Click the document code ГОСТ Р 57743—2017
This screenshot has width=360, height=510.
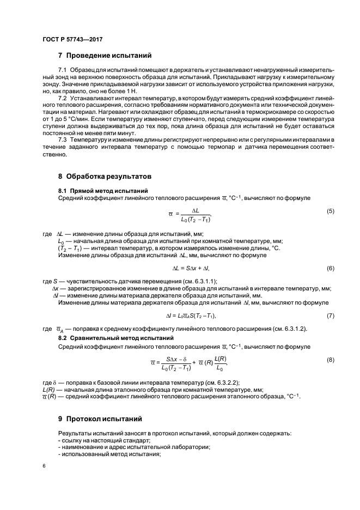coord(72,40)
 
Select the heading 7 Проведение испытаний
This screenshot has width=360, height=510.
coord(105,56)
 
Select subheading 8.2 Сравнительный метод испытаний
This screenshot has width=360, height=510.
coord(116,338)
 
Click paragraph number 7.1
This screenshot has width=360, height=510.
coord(62,71)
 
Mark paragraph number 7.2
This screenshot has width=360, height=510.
coord(62,97)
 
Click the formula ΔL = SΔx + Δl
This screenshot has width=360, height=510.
coord(191,269)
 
